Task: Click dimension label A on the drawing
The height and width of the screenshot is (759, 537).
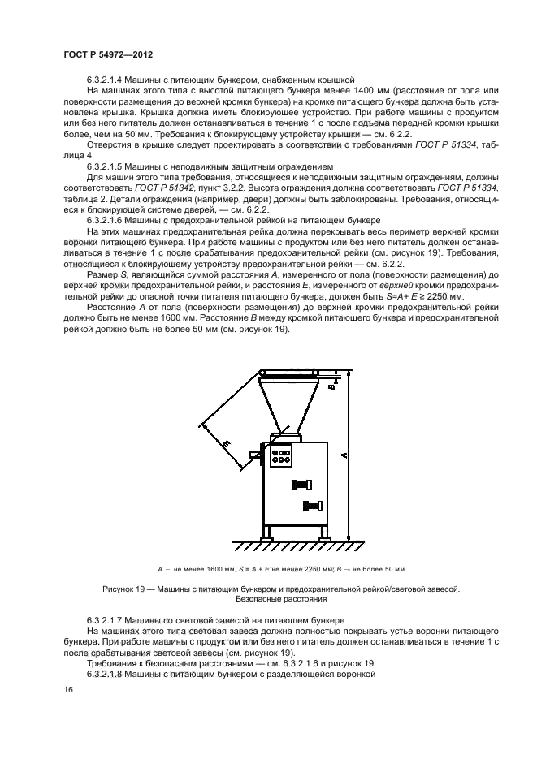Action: pyautogui.click(x=344, y=455)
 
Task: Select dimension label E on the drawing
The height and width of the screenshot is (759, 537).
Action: pyautogui.click(x=225, y=442)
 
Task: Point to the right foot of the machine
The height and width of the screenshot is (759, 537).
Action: pyautogui.click(x=323, y=536)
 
